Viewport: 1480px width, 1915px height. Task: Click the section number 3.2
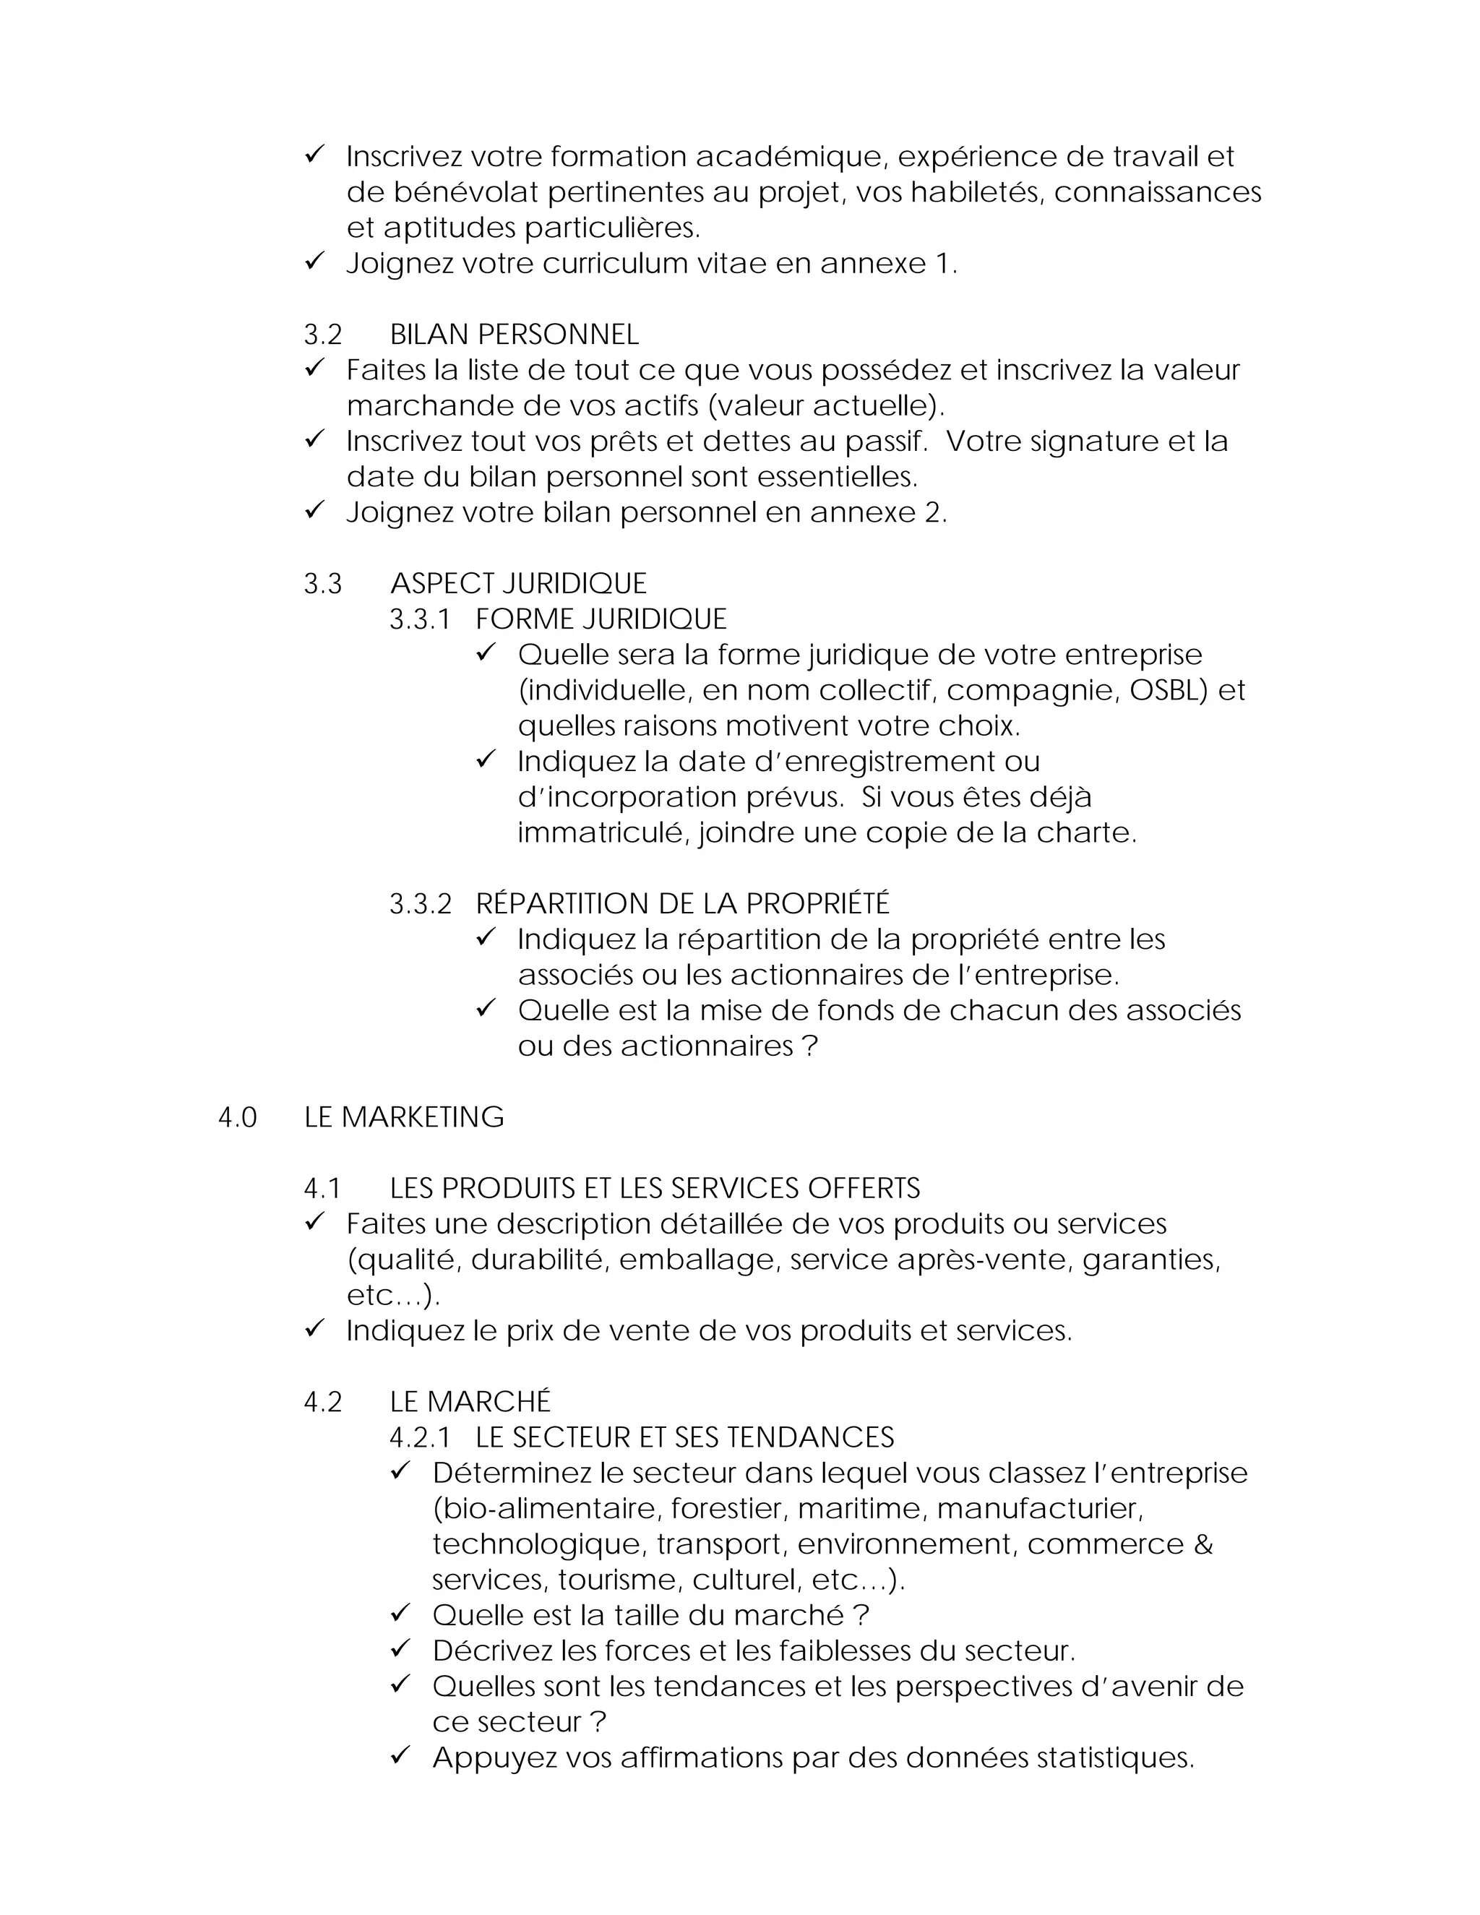click(322, 335)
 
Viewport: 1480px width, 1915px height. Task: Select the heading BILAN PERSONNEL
click(514, 335)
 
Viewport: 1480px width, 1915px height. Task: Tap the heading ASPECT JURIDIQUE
click(518, 584)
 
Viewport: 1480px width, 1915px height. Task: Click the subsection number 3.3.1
click(420, 620)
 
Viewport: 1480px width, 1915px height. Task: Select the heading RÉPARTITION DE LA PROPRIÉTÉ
click(682, 904)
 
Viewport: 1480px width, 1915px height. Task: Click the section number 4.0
click(237, 1118)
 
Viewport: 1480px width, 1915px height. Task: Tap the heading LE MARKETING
click(403, 1118)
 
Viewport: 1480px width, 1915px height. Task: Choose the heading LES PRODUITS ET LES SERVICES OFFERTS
click(655, 1189)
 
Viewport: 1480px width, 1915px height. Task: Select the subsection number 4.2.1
click(420, 1438)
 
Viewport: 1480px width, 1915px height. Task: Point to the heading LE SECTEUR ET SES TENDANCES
click(685, 1438)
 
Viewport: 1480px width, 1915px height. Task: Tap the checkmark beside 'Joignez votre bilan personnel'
click(315, 510)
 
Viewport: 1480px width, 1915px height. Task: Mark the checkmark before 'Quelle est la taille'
click(400, 1614)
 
